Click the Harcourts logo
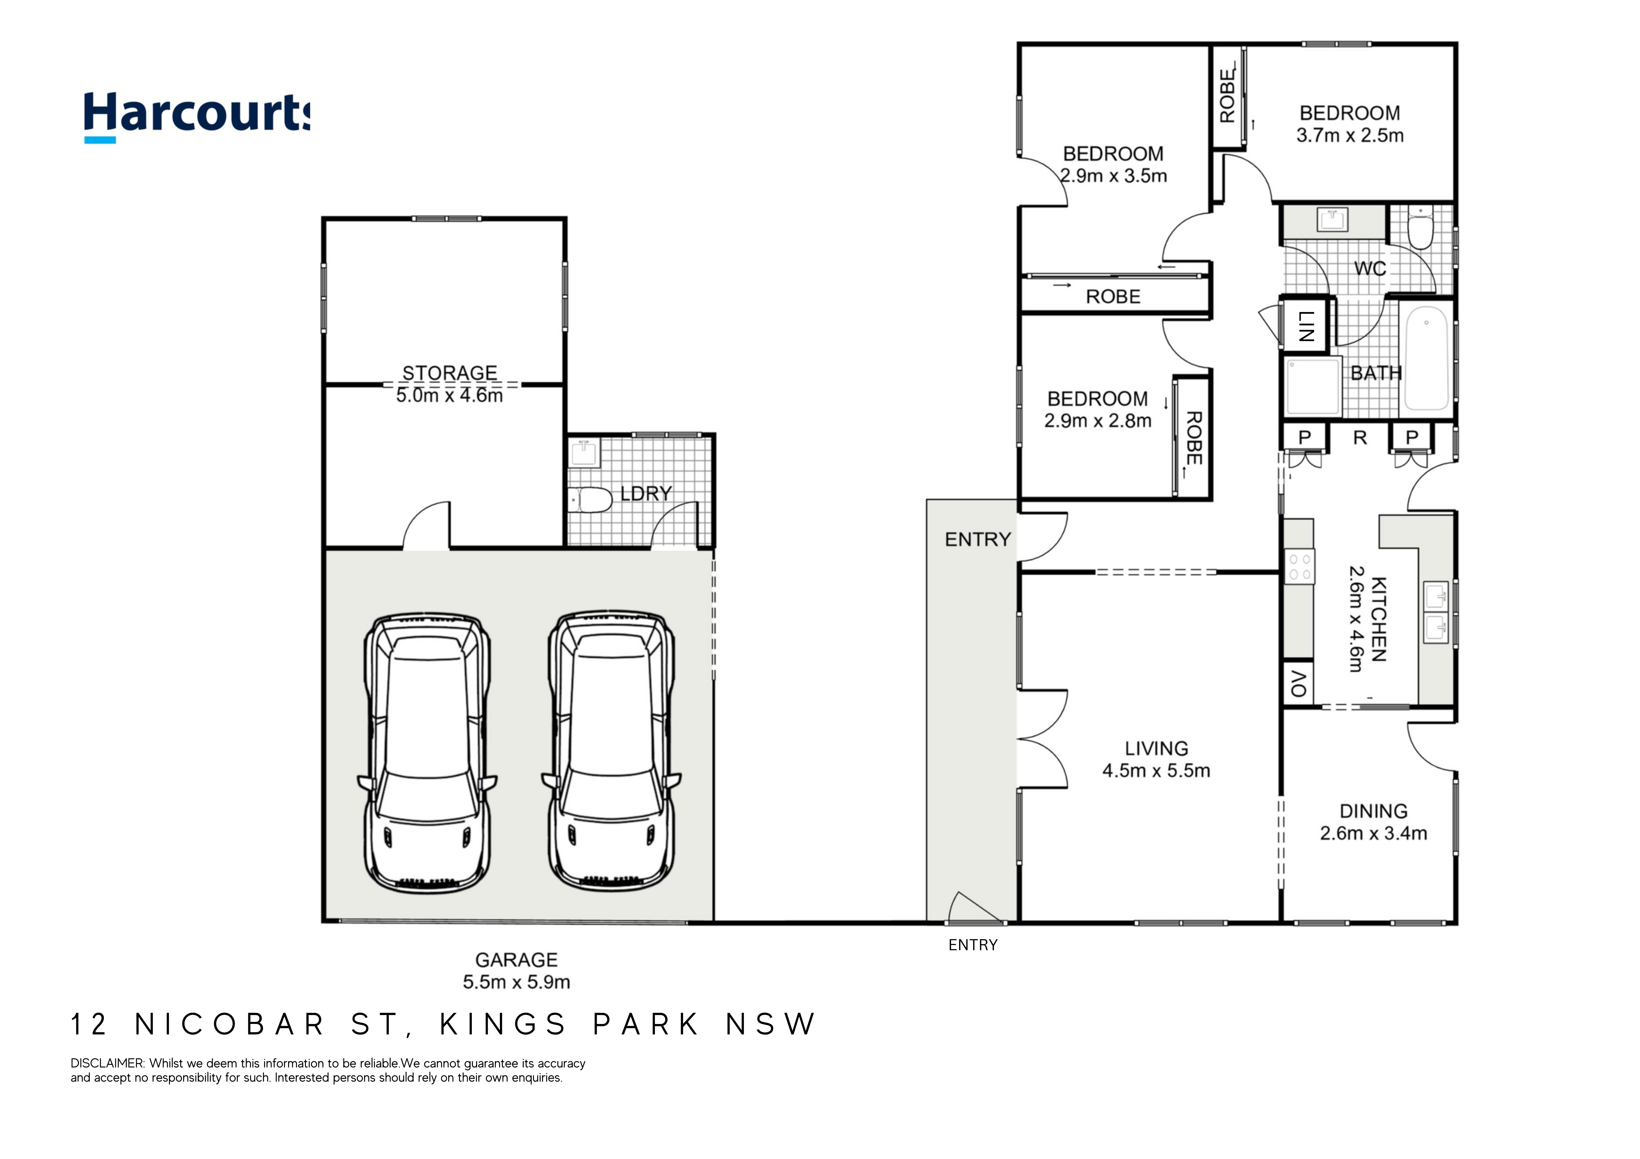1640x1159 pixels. coord(197,116)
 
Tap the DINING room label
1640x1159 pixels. coord(1373,811)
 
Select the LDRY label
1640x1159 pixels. coord(646,493)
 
